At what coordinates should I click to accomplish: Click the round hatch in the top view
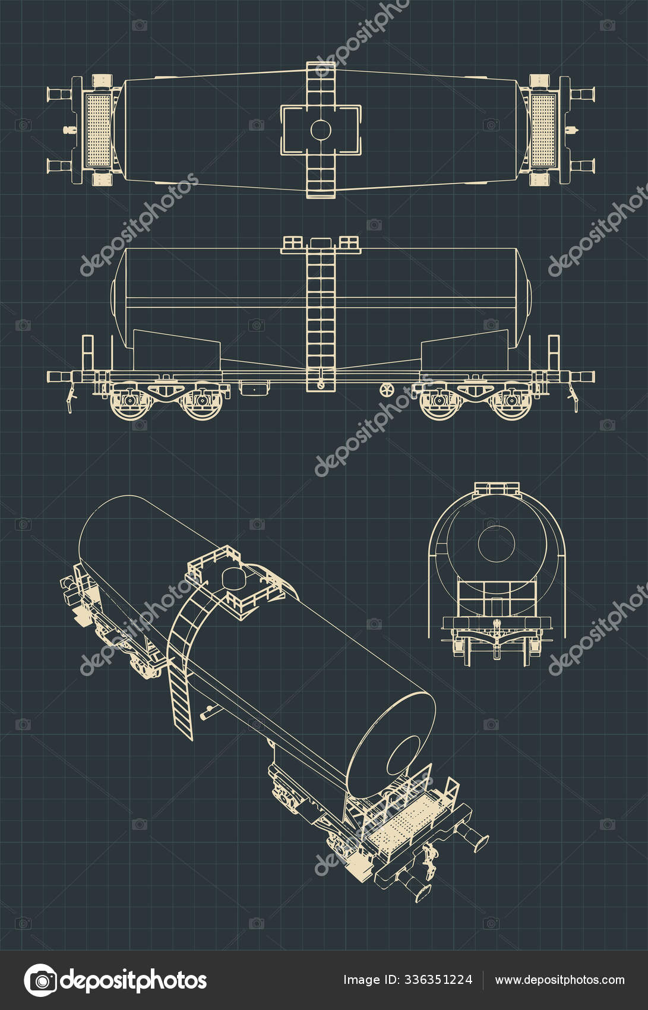[321, 130]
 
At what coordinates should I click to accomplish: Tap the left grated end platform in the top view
[99, 130]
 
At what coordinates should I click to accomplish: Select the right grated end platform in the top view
[543, 130]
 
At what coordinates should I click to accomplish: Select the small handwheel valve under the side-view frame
[387, 390]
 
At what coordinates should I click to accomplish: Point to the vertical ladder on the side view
[321, 315]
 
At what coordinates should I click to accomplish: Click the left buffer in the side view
[58, 377]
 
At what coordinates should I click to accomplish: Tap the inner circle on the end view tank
[496, 544]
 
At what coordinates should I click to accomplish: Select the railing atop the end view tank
[497, 489]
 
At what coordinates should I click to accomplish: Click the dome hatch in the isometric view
[233, 576]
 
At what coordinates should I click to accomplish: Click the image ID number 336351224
[438, 980]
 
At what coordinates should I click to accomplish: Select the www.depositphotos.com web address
[560, 980]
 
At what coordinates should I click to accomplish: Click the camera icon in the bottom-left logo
[40, 980]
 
